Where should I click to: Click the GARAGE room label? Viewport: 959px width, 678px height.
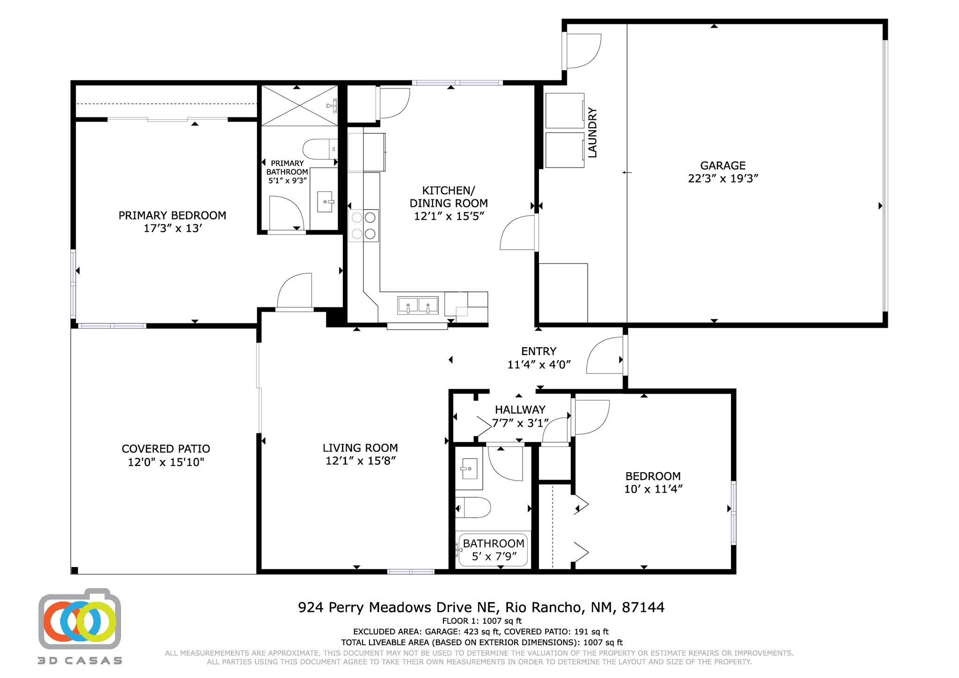[723, 166]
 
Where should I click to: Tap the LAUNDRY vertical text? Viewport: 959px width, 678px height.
[592, 133]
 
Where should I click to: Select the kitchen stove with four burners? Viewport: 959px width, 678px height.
[363, 225]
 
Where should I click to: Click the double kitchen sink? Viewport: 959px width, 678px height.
[418, 305]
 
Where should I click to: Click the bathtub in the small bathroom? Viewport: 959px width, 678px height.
[493, 550]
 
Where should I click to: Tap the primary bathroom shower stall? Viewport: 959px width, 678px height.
[299, 106]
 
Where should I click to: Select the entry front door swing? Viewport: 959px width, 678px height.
[605, 357]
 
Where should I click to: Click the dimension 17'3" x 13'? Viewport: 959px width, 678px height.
[173, 229]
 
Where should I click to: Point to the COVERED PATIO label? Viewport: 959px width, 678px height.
[166, 449]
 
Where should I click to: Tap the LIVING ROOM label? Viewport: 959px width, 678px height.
[360, 448]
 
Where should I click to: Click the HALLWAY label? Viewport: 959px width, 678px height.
[520, 410]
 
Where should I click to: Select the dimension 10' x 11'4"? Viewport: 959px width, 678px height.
[653, 489]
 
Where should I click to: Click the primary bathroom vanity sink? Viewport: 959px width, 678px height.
[325, 202]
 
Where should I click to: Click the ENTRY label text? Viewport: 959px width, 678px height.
[539, 351]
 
